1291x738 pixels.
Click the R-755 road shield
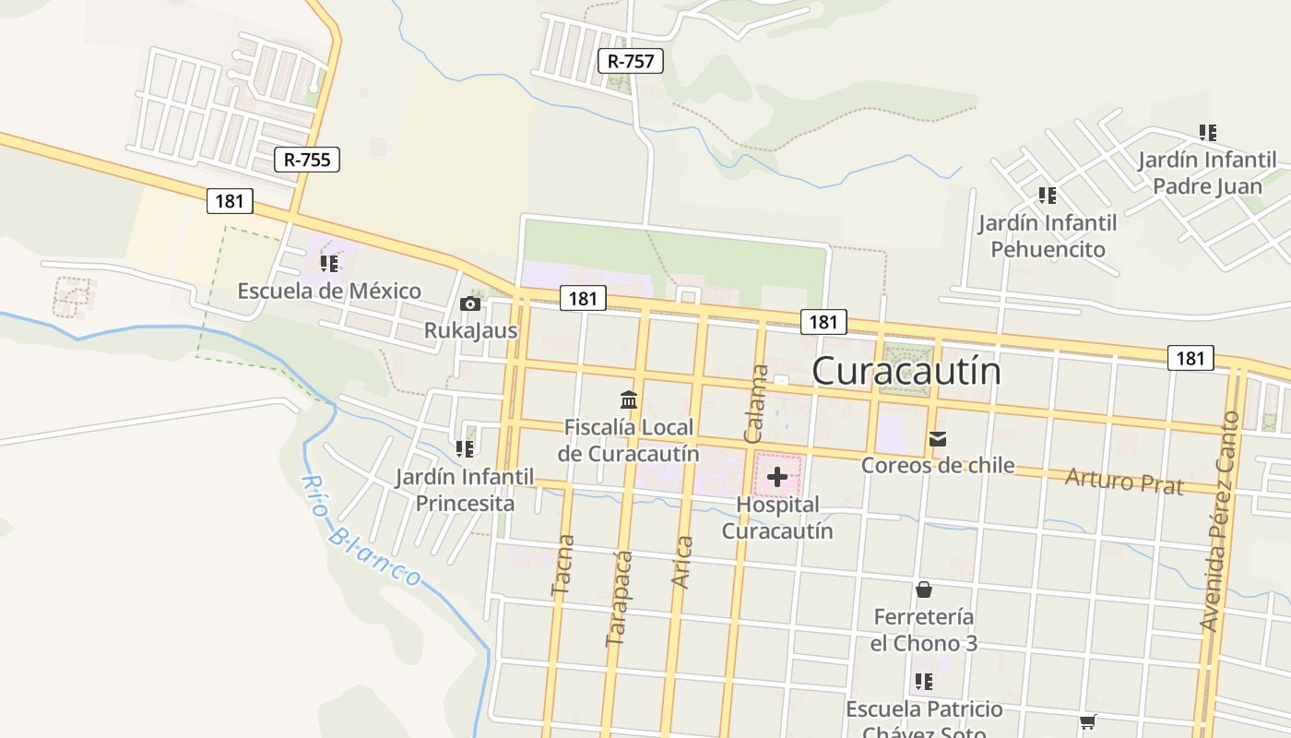point(307,160)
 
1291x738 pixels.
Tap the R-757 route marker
point(631,62)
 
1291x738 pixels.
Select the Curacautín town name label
point(906,371)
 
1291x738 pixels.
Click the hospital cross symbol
point(777,476)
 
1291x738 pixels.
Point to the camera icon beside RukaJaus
point(469,304)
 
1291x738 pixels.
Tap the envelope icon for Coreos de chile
point(938,439)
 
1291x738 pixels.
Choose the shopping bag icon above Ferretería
point(924,589)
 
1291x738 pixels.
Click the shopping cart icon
point(1088,721)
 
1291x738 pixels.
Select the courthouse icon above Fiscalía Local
point(629,400)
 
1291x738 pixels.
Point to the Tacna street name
point(562,566)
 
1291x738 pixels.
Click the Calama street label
point(756,403)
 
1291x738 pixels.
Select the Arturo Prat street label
point(1123,480)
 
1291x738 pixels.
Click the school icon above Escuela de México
point(329,264)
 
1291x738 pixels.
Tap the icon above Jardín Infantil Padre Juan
point(1207,133)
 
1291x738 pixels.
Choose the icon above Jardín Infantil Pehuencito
point(1047,196)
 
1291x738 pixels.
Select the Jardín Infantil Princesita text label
point(465,490)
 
